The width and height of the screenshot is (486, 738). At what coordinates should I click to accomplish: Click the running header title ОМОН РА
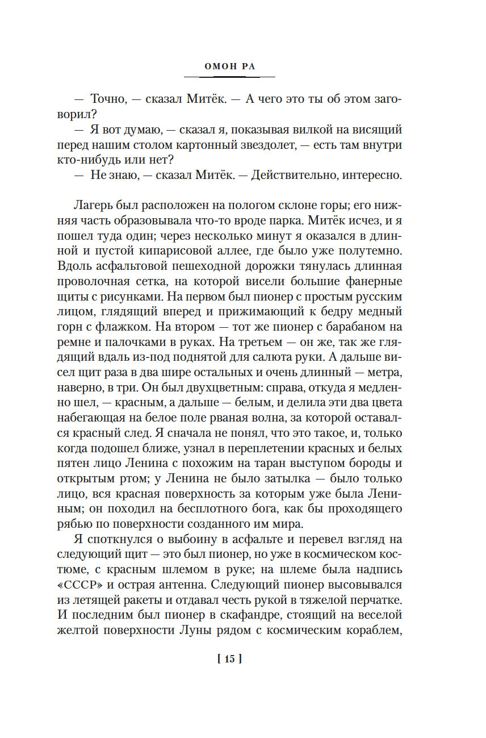pyautogui.click(x=229, y=66)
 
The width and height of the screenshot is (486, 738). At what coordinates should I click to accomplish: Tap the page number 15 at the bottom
pyautogui.click(x=229, y=659)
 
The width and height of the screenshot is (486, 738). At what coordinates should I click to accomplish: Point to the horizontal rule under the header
pyautogui.click(x=229, y=77)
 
